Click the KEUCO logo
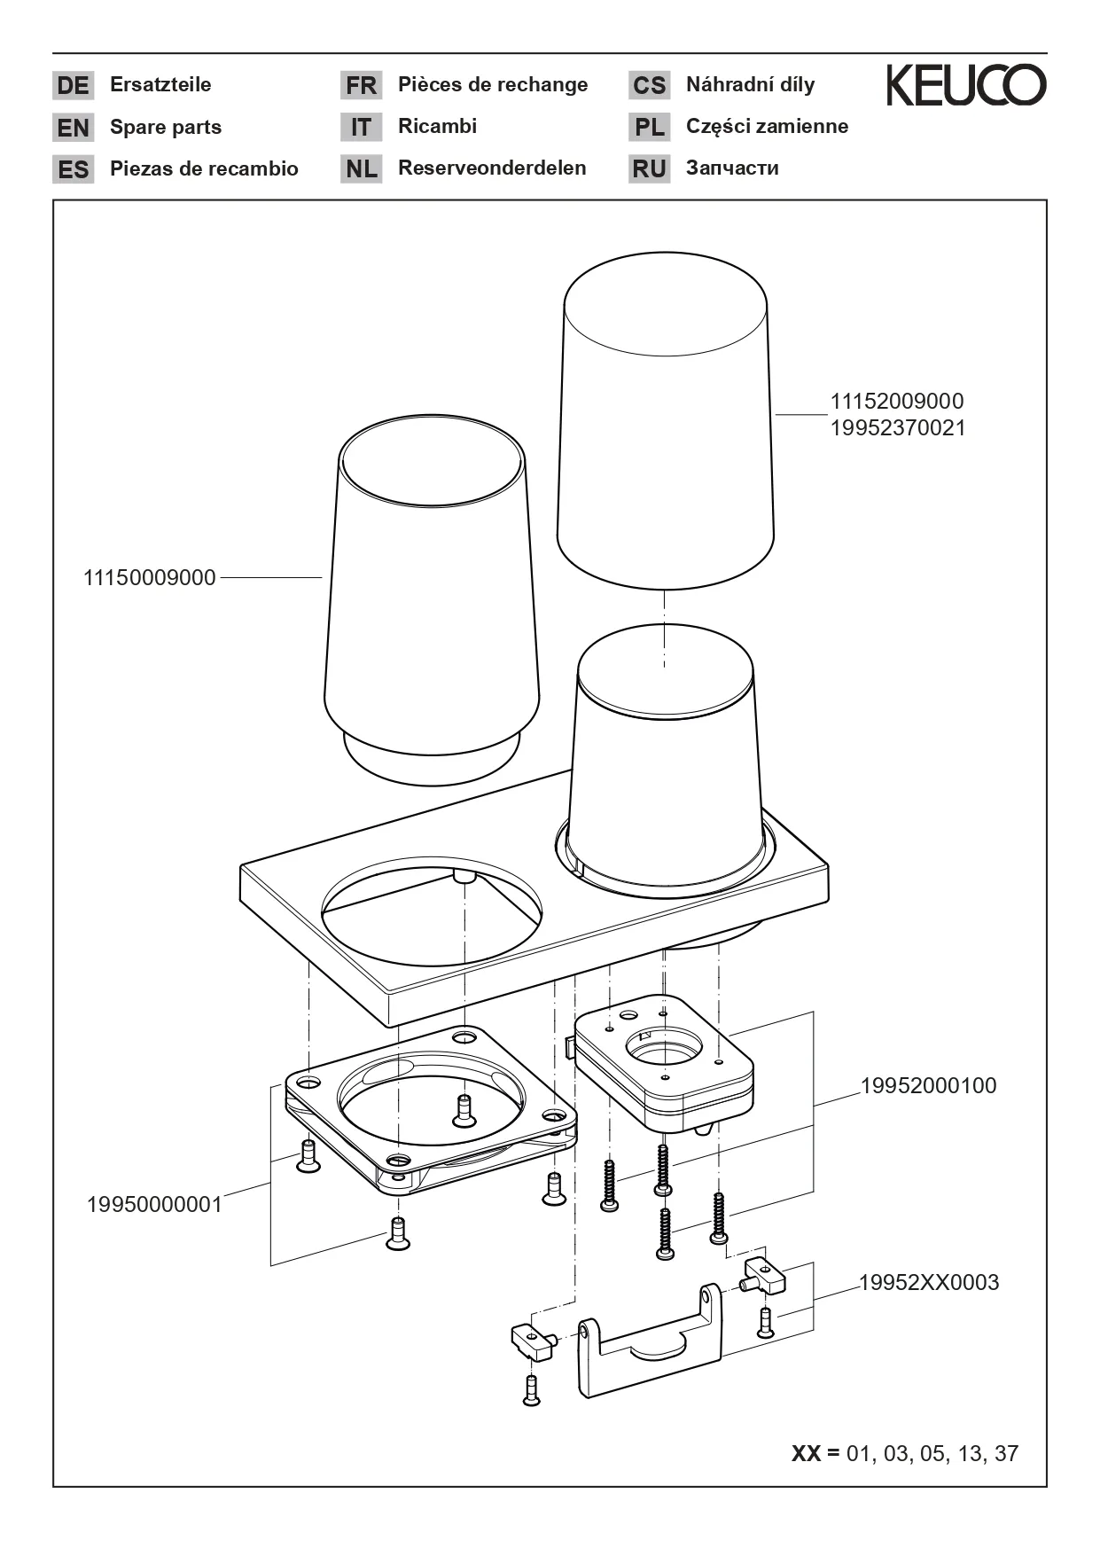point(966,85)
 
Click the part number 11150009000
point(150,578)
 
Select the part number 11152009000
point(896,402)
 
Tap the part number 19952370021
point(897,428)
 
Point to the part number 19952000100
point(928,1086)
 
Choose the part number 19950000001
point(154,1205)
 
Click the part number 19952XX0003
point(928,1283)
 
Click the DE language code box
point(73,85)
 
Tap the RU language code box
point(649,168)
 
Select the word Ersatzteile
point(160,85)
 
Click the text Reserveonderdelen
point(492,168)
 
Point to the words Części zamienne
point(767,127)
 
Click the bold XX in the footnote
point(806,1454)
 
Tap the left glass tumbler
point(431,603)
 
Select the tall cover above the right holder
point(665,426)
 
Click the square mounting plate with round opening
point(431,1108)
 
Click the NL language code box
point(361,168)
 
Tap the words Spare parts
point(166,127)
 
